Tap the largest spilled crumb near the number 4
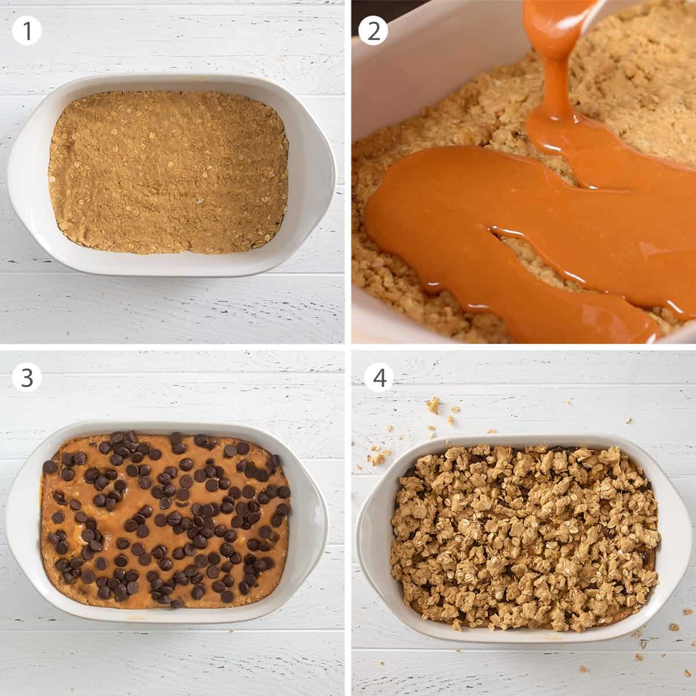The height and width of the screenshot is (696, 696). point(433,404)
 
